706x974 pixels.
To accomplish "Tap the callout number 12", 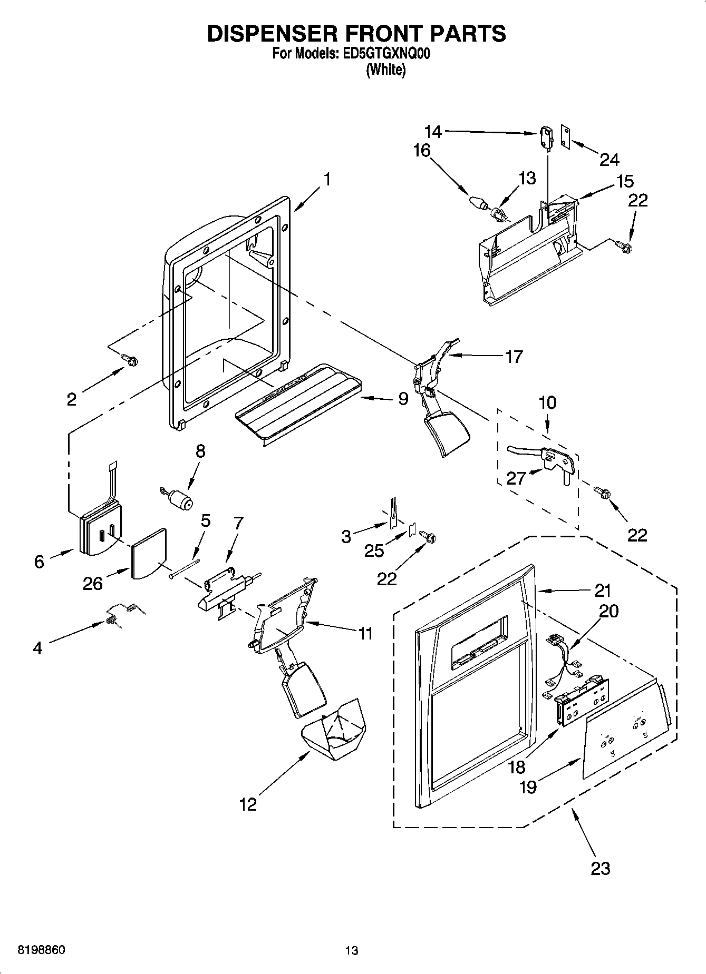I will (x=248, y=804).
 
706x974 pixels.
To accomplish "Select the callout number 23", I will (x=600, y=868).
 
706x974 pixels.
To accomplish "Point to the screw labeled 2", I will (x=130, y=360).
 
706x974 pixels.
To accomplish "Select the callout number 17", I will (x=514, y=357).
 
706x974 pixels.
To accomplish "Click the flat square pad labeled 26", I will (x=148, y=554).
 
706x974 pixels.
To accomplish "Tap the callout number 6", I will (x=39, y=562).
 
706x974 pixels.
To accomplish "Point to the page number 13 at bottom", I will (x=352, y=950).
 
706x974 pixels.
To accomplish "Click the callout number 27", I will (x=516, y=478).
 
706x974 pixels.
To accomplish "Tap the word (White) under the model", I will (x=386, y=71).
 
